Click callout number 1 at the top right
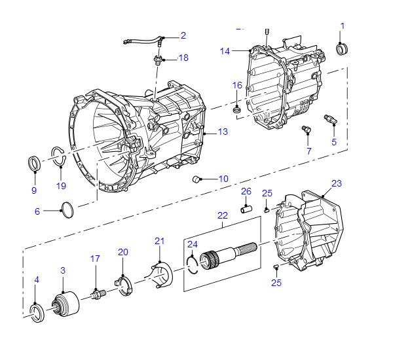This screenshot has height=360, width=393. [x=342, y=26]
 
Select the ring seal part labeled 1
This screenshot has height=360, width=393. [x=342, y=49]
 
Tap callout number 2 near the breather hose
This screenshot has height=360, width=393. [x=183, y=35]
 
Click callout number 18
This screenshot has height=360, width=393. [x=183, y=58]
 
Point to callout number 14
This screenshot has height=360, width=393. [x=225, y=51]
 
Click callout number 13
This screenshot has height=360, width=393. [x=223, y=132]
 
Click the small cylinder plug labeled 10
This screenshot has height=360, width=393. [x=195, y=178]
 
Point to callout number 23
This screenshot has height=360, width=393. [x=337, y=183]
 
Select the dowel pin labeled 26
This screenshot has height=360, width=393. [x=247, y=209]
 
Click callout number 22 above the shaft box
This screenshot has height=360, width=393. [x=223, y=215]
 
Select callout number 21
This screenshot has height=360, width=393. [x=158, y=242]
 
